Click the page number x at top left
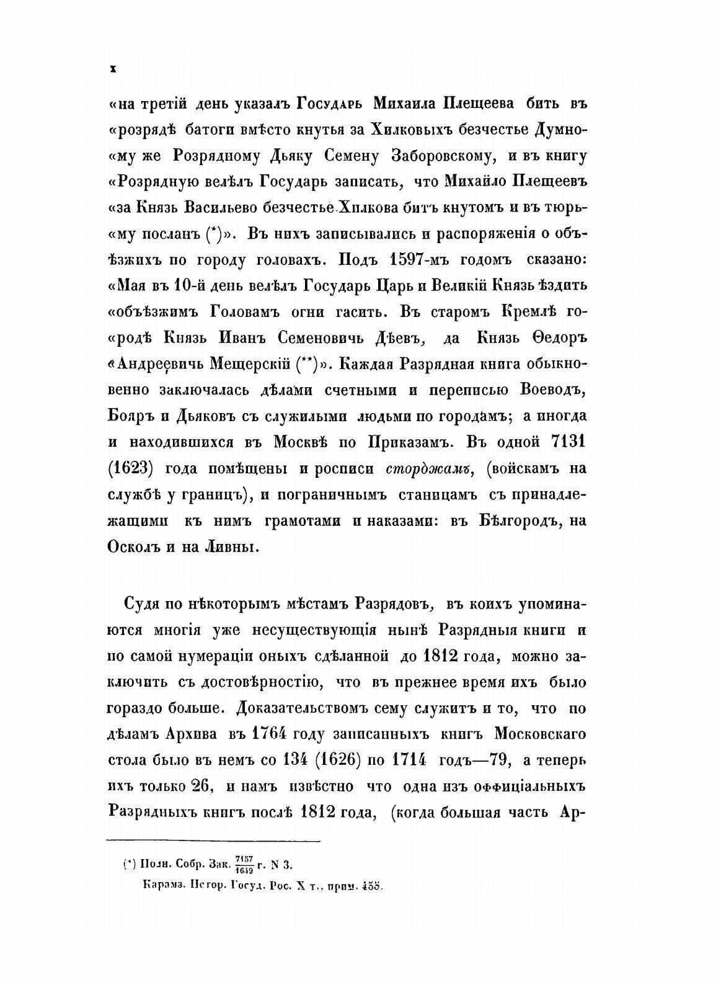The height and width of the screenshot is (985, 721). (x=113, y=70)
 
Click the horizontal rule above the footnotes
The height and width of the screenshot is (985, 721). (x=214, y=841)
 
